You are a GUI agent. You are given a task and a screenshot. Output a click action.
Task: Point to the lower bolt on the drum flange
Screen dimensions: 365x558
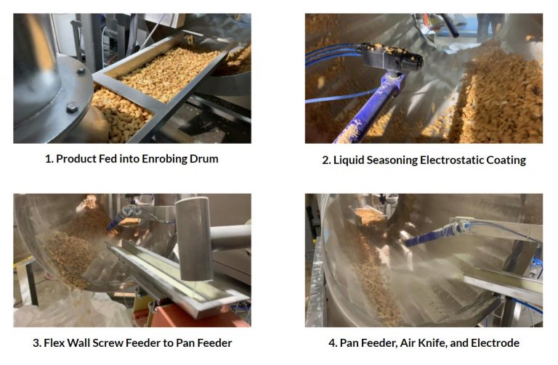point(71,107)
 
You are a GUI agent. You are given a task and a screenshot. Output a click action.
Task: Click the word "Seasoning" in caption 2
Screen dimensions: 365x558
point(389,159)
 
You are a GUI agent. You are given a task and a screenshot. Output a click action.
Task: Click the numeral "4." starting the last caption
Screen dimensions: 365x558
point(332,343)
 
